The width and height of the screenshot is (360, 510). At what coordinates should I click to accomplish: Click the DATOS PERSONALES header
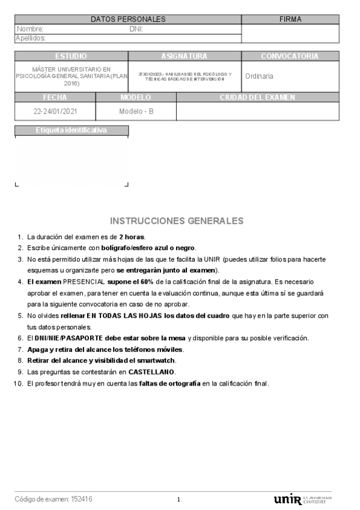(128, 19)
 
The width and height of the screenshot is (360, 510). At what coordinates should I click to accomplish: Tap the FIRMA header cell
(290, 19)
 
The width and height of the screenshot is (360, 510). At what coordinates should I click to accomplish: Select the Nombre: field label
(30, 29)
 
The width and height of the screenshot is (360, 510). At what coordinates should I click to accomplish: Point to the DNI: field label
(136, 29)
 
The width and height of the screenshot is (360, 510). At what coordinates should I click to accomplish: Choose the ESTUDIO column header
(71, 56)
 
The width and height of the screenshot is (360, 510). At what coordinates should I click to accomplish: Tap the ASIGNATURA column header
(184, 56)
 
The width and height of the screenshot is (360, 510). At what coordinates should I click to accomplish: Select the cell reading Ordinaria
(259, 76)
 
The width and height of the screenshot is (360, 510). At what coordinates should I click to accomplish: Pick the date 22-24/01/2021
(55, 111)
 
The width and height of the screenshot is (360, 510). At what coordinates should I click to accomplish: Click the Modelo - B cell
(136, 111)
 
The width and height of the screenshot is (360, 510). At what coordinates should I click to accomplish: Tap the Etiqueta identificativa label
(71, 130)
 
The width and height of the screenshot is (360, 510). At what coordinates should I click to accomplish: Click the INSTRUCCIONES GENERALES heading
(177, 221)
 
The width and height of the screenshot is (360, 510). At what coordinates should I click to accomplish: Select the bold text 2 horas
(132, 236)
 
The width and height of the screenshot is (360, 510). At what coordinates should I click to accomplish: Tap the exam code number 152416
(82, 499)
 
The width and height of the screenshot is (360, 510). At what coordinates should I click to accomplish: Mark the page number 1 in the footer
(178, 500)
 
